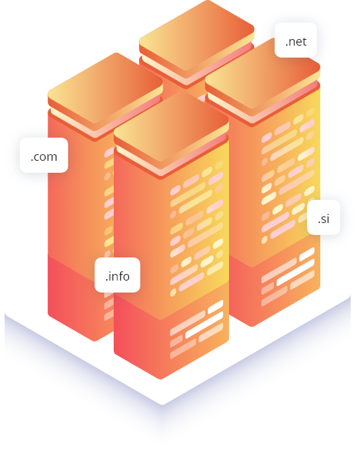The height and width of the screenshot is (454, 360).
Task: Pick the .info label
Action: pos(118,275)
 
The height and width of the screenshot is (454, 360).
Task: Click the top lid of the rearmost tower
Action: pos(197,35)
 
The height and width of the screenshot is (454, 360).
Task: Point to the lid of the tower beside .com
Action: pos(105,88)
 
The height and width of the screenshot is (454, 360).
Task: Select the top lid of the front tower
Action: pos(171,126)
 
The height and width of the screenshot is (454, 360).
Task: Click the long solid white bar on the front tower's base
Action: pos(204,325)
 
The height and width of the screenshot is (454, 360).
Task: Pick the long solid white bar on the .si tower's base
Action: pos(295,273)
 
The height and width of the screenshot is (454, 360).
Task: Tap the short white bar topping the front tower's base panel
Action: pos(216,307)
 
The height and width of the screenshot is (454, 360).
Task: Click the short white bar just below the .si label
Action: pos(306,254)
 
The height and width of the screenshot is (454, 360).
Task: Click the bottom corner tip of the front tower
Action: pos(161,379)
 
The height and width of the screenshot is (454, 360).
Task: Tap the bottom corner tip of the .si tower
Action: pos(251,326)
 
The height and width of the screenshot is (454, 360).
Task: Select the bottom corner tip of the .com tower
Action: pos(95,341)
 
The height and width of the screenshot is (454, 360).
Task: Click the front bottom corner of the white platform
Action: pos(162,404)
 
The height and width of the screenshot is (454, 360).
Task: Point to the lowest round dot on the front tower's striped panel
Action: pos(173,293)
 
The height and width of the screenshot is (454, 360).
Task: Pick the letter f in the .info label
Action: pos(118,275)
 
